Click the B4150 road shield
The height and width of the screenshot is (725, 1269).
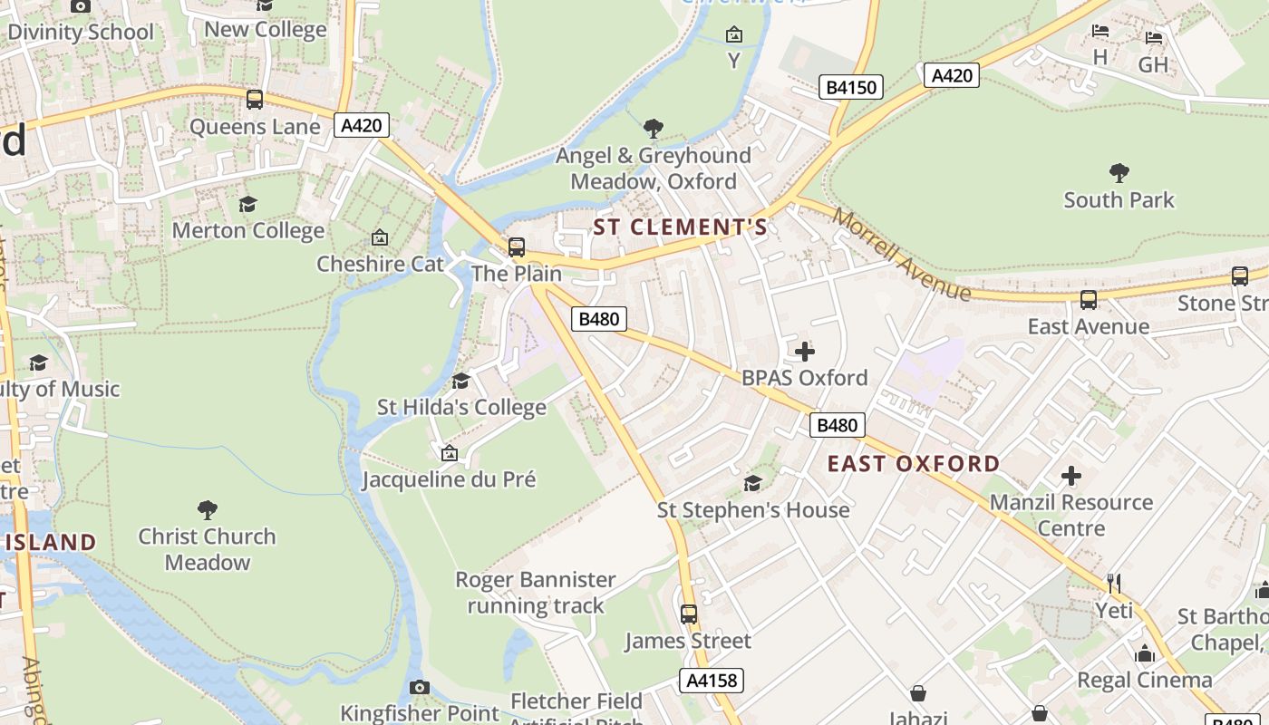(x=851, y=87)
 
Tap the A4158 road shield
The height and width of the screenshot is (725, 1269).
(x=712, y=681)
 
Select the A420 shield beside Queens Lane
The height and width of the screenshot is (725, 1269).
(x=361, y=125)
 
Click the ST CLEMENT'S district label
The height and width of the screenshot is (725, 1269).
(x=680, y=227)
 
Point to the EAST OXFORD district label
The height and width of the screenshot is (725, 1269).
(x=914, y=464)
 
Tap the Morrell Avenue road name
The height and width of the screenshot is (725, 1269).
(x=902, y=255)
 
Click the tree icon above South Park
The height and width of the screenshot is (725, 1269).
(x=1119, y=172)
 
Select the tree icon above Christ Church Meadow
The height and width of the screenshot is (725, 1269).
(x=207, y=509)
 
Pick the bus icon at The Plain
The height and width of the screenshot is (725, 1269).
(x=517, y=246)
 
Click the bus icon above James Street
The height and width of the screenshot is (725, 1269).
(x=689, y=614)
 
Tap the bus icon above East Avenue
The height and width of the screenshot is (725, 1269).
(x=1089, y=299)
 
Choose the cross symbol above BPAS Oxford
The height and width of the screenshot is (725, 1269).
(x=804, y=351)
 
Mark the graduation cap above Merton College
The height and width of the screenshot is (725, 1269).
(x=247, y=204)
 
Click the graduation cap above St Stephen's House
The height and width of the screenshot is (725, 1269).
(x=752, y=483)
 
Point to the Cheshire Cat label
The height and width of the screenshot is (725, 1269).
(x=380, y=264)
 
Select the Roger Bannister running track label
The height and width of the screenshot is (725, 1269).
(x=535, y=593)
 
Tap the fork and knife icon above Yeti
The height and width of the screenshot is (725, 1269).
(x=1114, y=583)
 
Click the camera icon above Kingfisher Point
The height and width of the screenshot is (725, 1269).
(x=419, y=687)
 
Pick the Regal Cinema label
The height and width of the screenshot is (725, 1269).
(x=1145, y=680)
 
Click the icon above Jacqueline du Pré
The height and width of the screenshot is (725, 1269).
(x=449, y=453)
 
